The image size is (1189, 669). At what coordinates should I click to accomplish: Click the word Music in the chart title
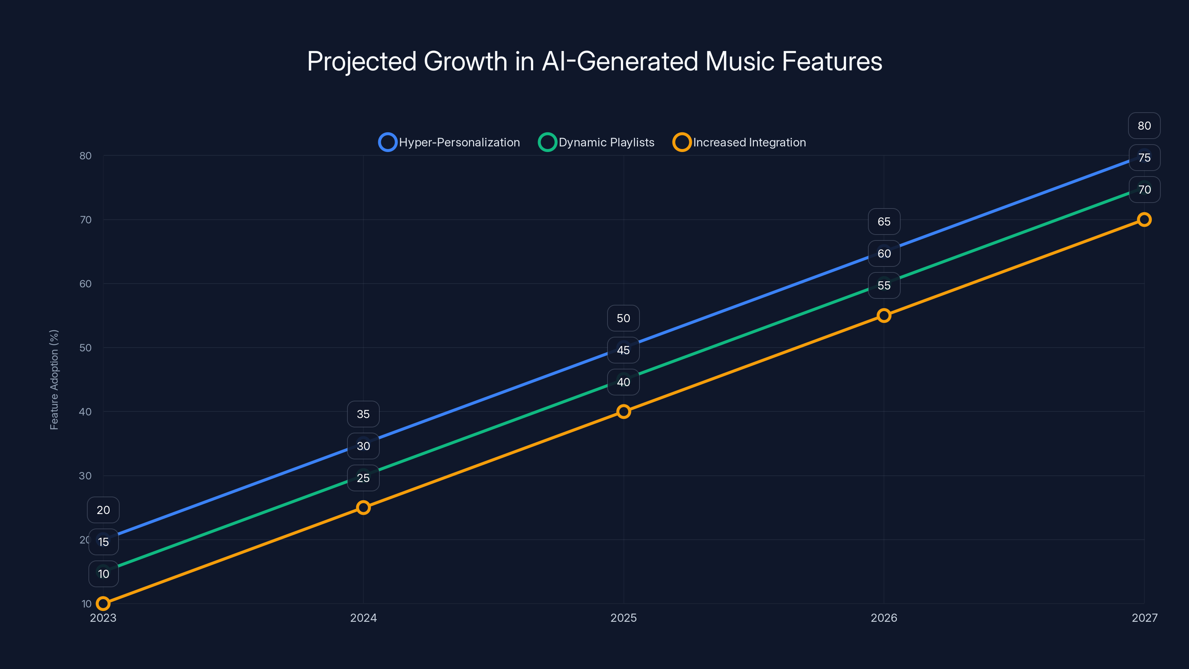pos(739,61)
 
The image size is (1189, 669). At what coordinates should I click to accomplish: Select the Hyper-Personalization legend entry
pos(449,142)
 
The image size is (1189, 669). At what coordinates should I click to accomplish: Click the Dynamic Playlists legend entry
pos(596,142)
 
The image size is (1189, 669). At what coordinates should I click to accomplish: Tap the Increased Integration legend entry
pos(739,142)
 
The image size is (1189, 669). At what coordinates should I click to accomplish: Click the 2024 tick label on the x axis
pos(363,618)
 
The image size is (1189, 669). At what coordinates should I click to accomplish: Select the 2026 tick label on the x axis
pos(884,618)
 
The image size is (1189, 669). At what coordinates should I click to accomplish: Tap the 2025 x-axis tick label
pos(623,618)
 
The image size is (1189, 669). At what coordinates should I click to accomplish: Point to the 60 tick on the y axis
pos(85,284)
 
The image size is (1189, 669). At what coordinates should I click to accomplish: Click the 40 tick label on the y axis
pos(85,411)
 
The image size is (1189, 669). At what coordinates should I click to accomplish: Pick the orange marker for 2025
pos(623,411)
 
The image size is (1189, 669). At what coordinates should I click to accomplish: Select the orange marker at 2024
pos(363,507)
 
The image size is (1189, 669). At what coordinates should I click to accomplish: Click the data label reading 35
pos(363,414)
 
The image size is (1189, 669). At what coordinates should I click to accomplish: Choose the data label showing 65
pos(884,222)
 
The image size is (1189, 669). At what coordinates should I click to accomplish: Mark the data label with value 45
pos(623,350)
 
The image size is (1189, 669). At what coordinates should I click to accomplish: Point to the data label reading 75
pos(1144,158)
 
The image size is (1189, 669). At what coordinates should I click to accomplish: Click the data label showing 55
pos(884,285)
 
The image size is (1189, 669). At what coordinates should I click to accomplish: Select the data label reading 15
pos(103,542)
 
